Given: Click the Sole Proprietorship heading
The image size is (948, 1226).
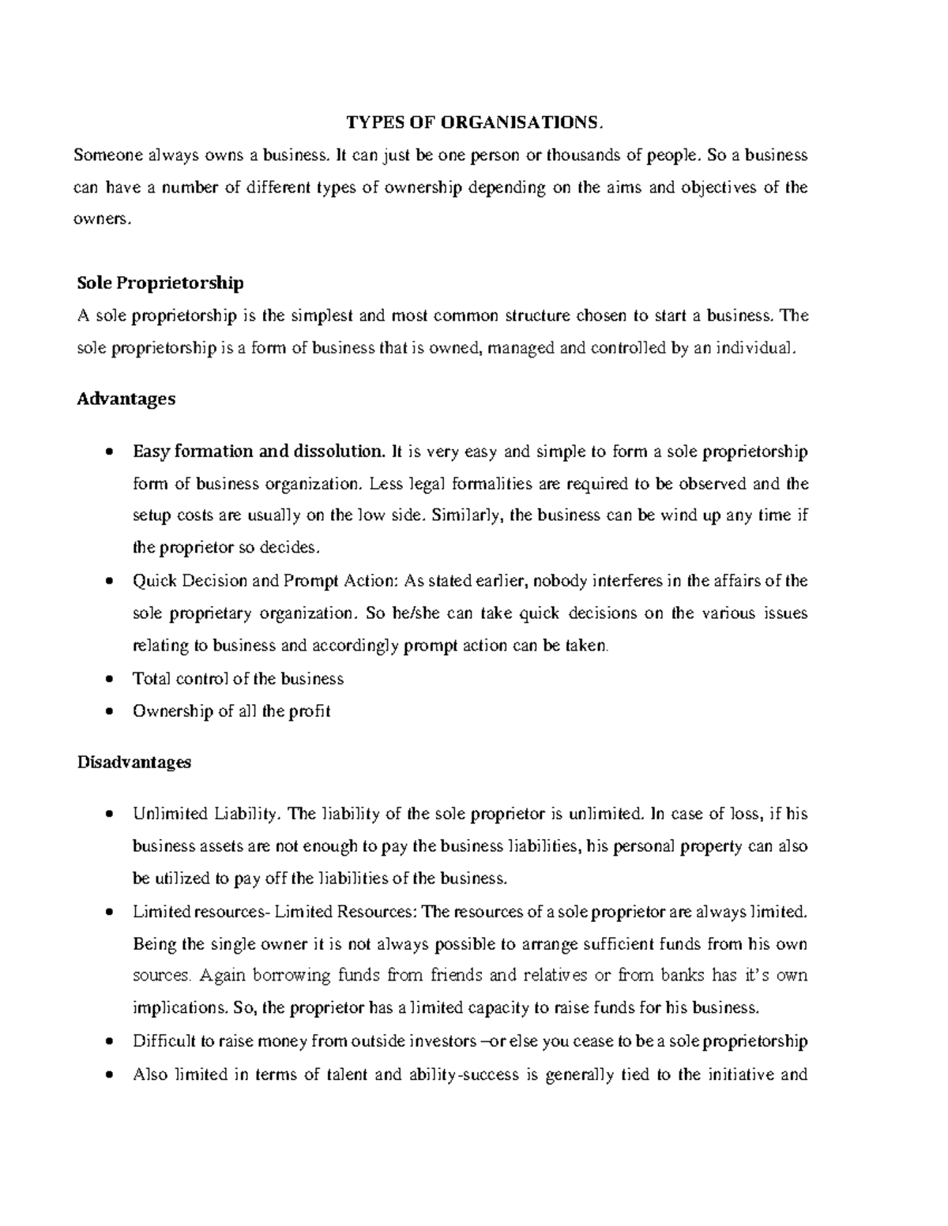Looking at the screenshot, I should coord(160,283).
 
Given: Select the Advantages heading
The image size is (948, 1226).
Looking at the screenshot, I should coord(126,399).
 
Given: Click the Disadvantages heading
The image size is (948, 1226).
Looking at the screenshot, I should coord(134,762).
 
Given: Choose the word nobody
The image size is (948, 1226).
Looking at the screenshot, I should coord(559,581).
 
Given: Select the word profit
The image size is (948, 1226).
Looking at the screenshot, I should coord(309,711).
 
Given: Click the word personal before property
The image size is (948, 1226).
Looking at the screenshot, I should coord(644,846).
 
